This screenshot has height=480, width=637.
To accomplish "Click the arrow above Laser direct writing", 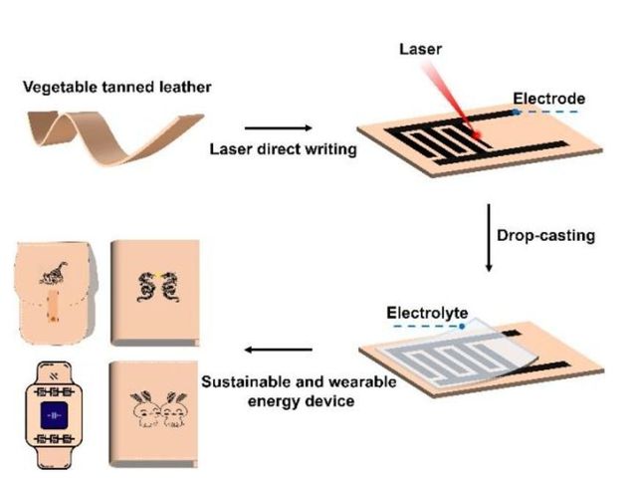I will click(x=274, y=127).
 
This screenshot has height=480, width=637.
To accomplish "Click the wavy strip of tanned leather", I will click(x=119, y=130).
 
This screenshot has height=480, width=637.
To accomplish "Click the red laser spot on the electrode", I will click(x=477, y=134).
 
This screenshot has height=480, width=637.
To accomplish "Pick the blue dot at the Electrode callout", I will click(x=516, y=113).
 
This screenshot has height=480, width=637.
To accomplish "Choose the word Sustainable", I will click(x=243, y=381).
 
